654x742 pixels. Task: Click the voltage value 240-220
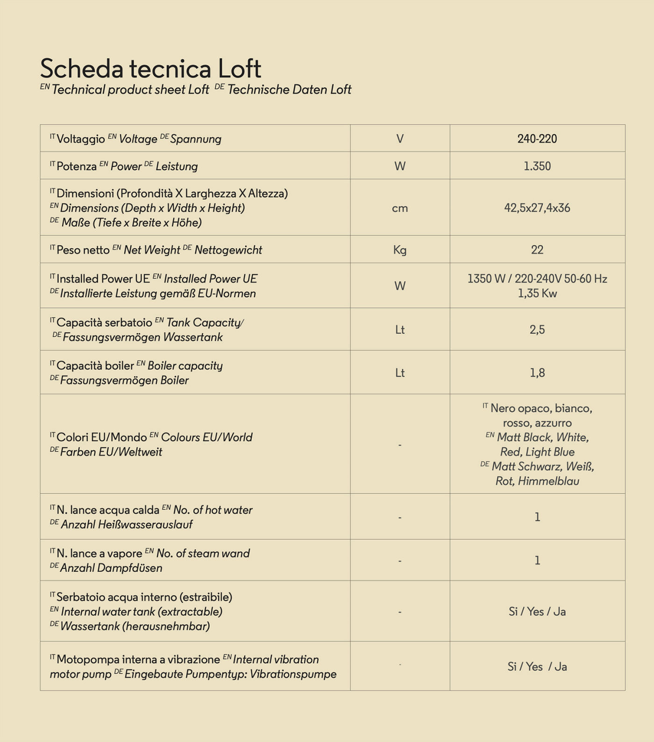pos(537,139)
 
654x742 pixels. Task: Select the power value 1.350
pos(537,166)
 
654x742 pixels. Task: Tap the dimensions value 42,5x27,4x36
pos(537,208)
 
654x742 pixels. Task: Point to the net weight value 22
pos(537,250)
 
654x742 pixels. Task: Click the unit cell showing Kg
pos(400,250)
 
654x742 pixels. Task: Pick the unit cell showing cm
pos(400,208)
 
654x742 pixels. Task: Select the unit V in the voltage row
pos(400,139)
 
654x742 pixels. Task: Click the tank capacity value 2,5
pos(537,330)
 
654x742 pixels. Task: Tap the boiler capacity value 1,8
pos(537,373)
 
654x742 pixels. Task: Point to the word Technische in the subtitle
pos(258,90)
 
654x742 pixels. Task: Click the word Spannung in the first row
pos(196,139)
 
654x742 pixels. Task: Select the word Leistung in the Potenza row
pos(177,167)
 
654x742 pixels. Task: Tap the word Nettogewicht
pos(228,250)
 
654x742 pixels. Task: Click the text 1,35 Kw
pos(537,293)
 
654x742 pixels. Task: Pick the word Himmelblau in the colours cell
pos(548,481)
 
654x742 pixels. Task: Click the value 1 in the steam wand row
pos(537,560)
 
